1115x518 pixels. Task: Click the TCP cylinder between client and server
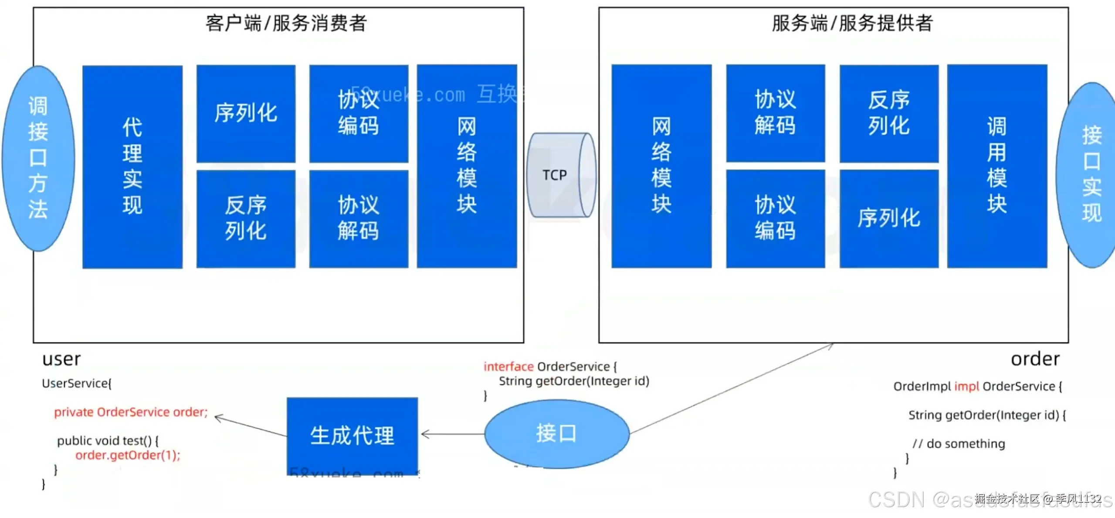pyautogui.click(x=561, y=175)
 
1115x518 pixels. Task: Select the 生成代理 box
pyautogui.click(x=352, y=435)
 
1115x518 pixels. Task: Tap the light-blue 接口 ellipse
pyautogui.click(x=556, y=434)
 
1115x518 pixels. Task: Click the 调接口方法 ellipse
pyautogui.click(x=38, y=158)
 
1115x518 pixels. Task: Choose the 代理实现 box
pyautogui.click(x=132, y=167)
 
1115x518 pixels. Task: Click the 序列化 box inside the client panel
pyautogui.click(x=246, y=113)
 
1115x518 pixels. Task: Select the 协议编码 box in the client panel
pyautogui.click(x=359, y=113)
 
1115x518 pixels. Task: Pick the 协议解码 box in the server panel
pyautogui.click(x=775, y=113)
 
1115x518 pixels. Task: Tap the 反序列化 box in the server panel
pyautogui.click(x=889, y=113)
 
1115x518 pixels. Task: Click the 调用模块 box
pyautogui.click(x=997, y=166)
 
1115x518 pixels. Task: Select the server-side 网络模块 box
pyautogui.click(x=661, y=166)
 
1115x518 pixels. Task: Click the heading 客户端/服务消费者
pyautogui.click(x=286, y=23)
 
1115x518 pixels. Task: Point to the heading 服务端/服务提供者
pyautogui.click(x=852, y=23)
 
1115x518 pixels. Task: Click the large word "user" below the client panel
pyautogui.click(x=61, y=359)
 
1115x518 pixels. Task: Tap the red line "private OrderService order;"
pyautogui.click(x=131, y=412)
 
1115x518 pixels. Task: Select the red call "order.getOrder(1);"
pyautogui.click(x=128, y=455)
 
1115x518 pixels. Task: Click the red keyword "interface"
pyautogui.click(x=508, y=367)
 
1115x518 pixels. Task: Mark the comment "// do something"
pyautogui.click(x=959, y=443)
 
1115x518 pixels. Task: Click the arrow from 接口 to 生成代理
pyautogui.click(x=453, y=434)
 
